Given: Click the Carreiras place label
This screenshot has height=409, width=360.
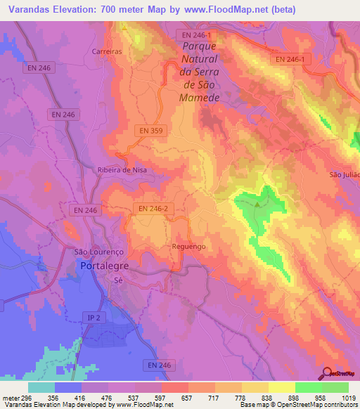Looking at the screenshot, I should point(107,51).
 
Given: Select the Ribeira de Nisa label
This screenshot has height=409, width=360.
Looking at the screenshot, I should point(121,169).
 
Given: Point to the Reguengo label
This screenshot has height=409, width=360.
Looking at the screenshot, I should point(188,247).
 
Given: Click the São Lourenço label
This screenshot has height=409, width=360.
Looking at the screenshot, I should point(98,252).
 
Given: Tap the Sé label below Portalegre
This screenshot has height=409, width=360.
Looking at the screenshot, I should point(118,279).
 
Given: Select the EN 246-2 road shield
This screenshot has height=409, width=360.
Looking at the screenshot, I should point(152,209).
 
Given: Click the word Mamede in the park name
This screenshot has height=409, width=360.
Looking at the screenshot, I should point(200,96).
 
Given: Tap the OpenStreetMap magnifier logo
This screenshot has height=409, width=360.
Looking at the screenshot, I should point(326,374).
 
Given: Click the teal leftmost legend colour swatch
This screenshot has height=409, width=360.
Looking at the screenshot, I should point(41,387).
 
